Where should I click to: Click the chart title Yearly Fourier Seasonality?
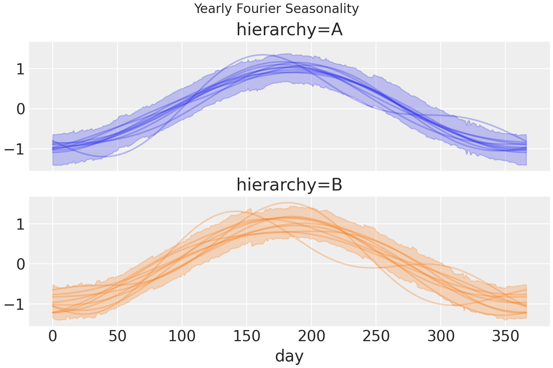276,9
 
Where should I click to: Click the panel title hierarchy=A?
289,30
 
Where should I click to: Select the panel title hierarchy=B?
289,185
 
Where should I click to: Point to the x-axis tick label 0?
53,337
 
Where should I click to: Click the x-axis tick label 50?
117,337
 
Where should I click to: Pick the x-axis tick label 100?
182,337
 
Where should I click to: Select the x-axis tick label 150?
247,337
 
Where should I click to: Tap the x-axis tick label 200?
311,337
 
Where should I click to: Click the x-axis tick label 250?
376,337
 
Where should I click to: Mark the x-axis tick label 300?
441,337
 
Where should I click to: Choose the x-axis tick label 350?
505,337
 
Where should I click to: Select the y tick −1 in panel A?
14,149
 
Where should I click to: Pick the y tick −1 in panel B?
14,304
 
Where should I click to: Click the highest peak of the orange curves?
286,203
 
